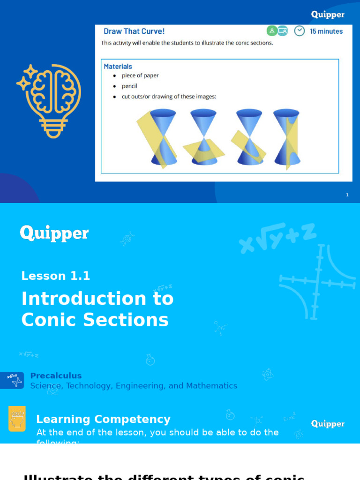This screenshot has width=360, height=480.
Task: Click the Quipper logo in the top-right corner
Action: (328, 15)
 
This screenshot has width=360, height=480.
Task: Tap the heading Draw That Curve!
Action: (134, 31)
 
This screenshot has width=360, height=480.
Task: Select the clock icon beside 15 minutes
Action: (299, 31)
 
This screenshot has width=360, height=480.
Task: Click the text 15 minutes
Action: (326, 31)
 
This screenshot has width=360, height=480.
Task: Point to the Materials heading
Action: (118, 67)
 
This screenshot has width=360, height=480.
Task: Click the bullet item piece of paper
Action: (140, 75)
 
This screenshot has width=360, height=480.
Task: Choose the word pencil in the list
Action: (129, 86)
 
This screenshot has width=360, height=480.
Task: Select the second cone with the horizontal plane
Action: (204, 138)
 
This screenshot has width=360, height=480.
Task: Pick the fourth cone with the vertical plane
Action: (287, 138)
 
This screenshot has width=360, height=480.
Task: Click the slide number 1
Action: (347, 195)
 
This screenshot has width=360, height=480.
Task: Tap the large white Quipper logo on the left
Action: (54, 233)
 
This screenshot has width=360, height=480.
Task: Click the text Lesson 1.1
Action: (55, 276)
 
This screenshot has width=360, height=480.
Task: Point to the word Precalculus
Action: (56, 375)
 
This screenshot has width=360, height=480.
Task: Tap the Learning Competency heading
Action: (103, 419)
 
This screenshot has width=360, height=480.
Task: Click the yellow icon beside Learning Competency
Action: (17, 419)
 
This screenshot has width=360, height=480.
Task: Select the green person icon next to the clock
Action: (272, 31)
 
